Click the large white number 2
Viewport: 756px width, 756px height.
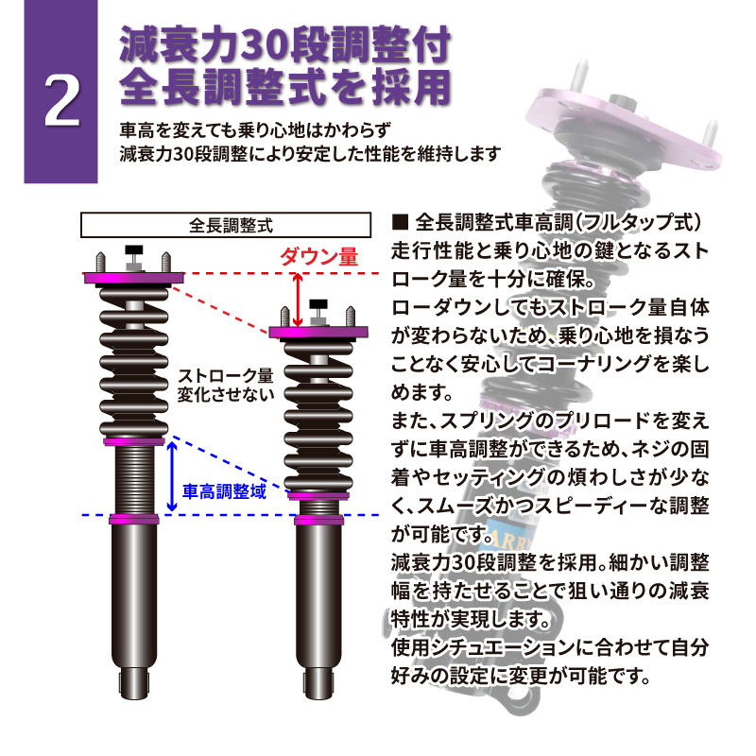[x=61, y=102]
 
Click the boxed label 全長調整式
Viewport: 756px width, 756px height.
[x=226, y=225]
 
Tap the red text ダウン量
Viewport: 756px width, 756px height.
[x=319, y=257]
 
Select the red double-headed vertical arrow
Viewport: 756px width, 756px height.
[x=298, y=300]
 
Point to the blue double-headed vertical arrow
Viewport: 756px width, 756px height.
[x=172, y=476]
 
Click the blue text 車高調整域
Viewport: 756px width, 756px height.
[x=224, y=491]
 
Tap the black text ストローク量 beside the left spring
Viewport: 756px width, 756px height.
[x=226, y=375]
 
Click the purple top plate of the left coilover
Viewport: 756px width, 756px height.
[x=134, y=278]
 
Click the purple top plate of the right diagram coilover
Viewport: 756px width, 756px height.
[x=318, y=333]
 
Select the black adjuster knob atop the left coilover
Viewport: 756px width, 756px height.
[x=134, y=250]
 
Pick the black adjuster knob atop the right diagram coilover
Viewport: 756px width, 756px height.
[x=318, y=304]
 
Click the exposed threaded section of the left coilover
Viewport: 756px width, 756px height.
[x=134, y=480]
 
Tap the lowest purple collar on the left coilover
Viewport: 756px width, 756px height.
[x=134, y=519]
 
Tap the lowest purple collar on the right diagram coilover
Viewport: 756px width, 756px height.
[x=318, y=520]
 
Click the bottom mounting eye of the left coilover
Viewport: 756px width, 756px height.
[x=134, y=683]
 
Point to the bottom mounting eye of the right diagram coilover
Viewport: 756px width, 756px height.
[x=318, y=683]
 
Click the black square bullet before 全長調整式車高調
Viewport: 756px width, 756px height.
[x=400, y=222]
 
